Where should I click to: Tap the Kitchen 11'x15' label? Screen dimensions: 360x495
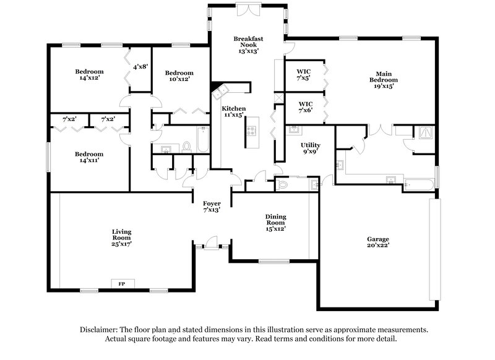[235, 112]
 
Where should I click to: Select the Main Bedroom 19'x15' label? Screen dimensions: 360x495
[384, 79]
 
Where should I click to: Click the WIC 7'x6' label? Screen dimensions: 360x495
[305, 107]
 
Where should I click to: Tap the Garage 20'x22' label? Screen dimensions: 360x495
[377, 242]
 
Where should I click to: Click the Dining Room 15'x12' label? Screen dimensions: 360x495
[276, 222]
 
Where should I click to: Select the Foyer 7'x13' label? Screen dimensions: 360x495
[212, 206]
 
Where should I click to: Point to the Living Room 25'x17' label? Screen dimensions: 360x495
[121, 238]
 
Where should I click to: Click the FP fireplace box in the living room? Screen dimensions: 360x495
[121, 283]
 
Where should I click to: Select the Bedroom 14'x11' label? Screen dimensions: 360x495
[89, 157]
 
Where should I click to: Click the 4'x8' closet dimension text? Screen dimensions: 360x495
[139, 67]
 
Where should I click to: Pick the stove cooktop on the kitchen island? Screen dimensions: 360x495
[252, 131]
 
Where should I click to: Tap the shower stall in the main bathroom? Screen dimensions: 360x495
[425, 132]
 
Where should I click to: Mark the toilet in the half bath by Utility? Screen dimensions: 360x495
[282, 184]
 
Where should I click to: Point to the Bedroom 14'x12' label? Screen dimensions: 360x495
[89, 75]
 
